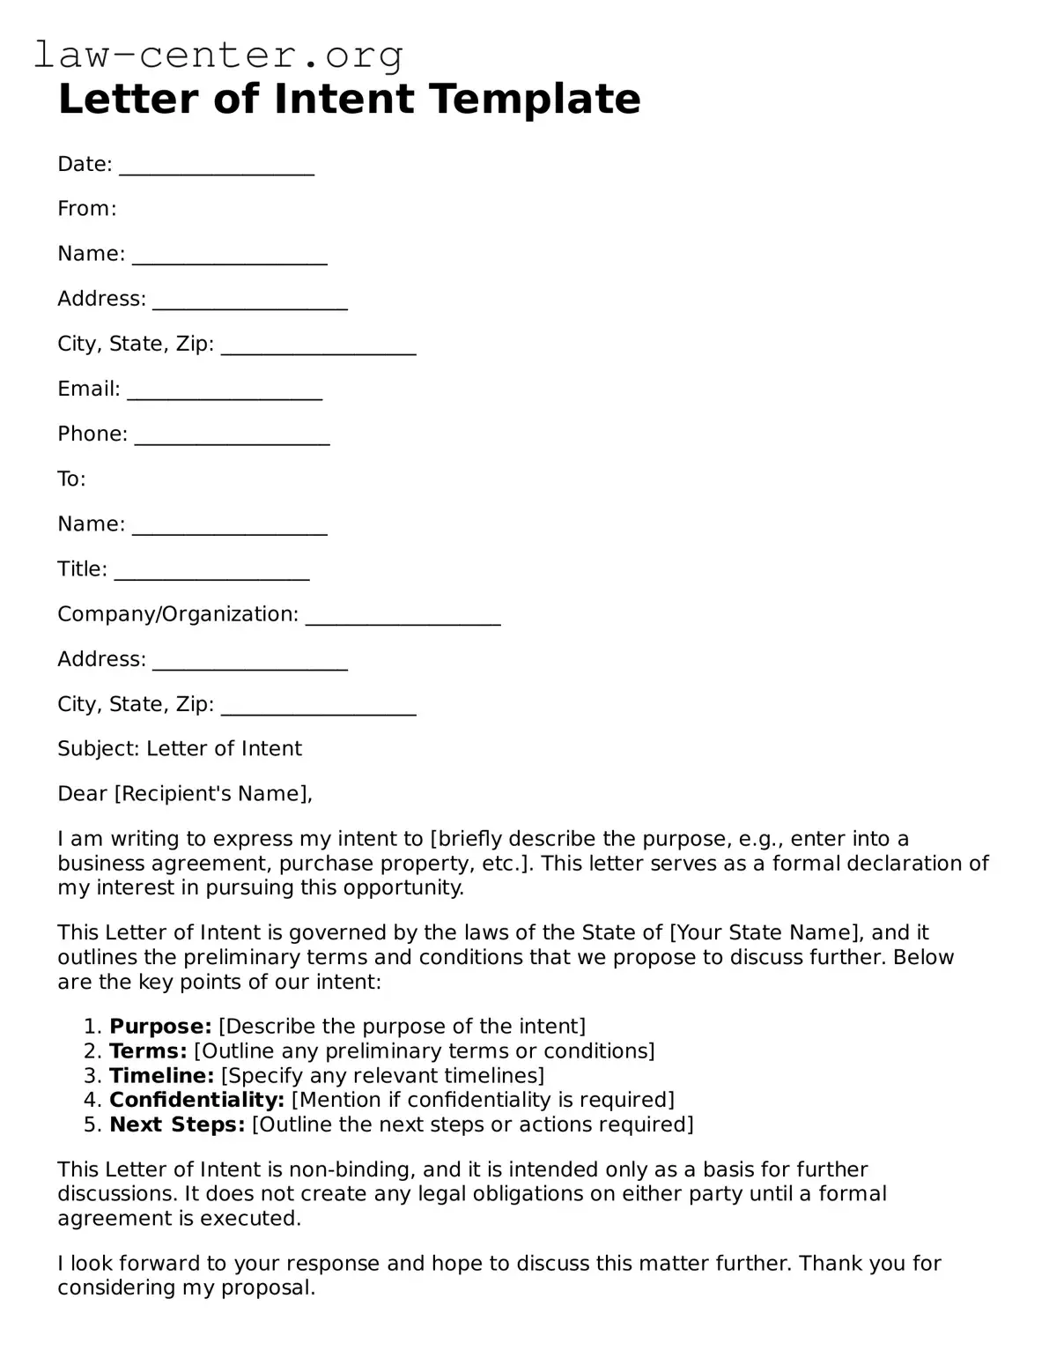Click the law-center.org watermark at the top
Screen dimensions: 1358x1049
(218, 55)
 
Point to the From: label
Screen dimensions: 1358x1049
(87, 209)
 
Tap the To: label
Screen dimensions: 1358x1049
(71, 479)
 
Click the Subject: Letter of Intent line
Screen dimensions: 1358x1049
(180, 749)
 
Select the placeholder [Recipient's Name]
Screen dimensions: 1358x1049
(211, 794)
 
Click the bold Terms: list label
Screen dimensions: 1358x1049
(148, 1051)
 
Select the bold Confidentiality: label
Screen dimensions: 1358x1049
(196, 1100)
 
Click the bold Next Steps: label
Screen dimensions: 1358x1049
(177, 1124)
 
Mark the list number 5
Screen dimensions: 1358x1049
(92, 1124)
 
